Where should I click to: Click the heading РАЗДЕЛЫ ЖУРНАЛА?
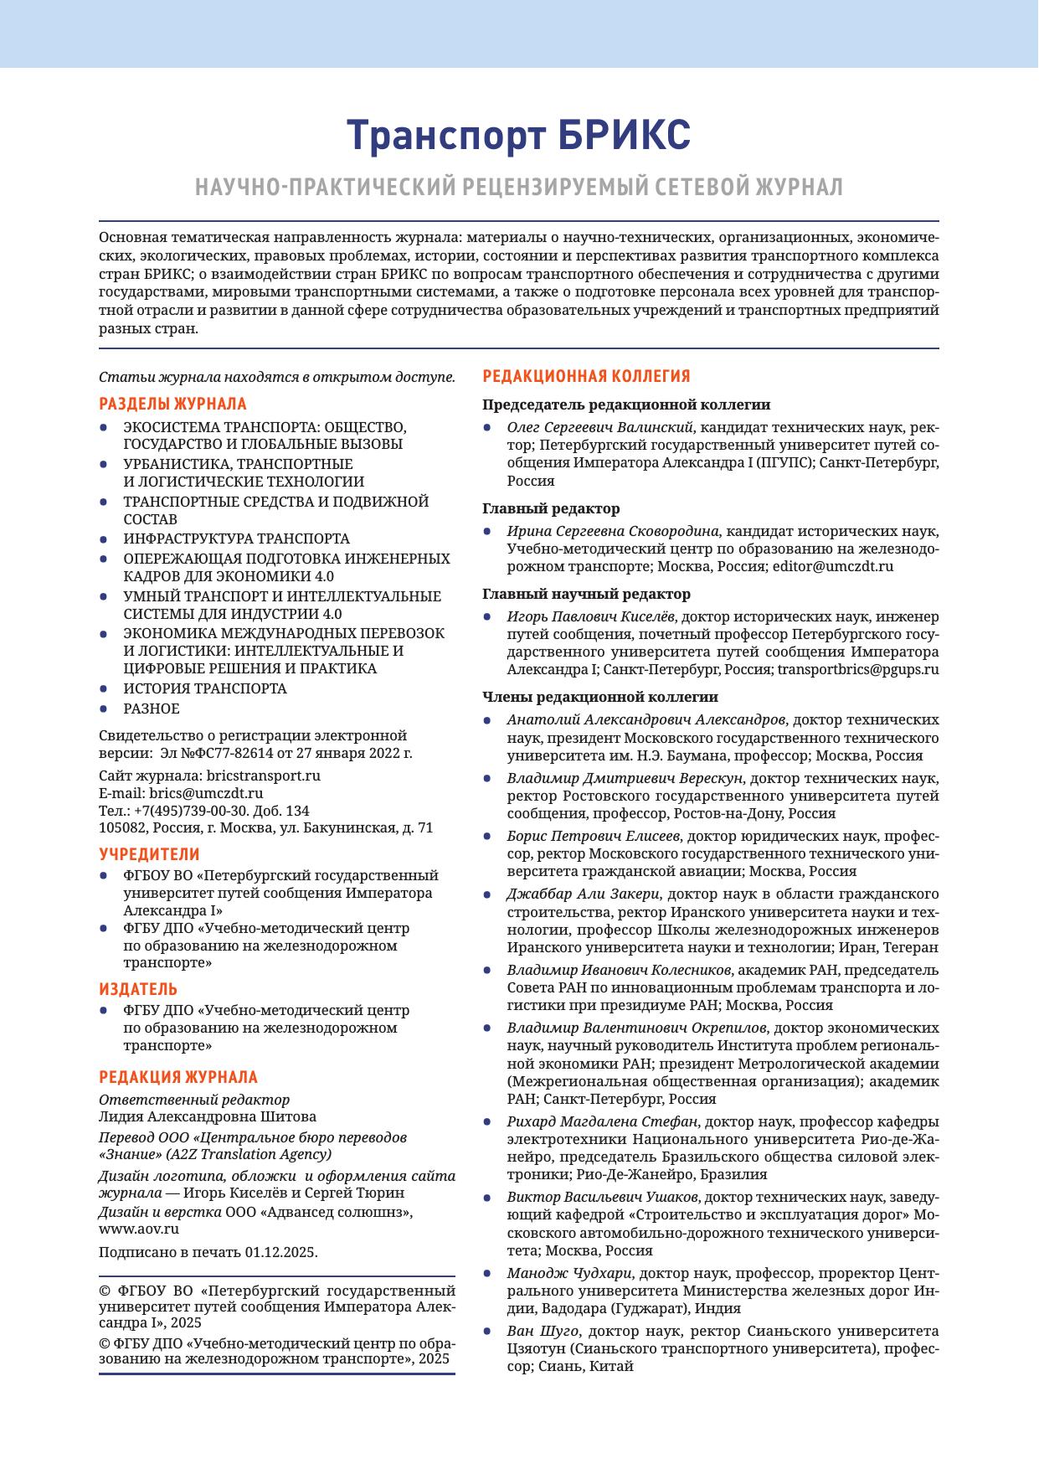click(172, 404)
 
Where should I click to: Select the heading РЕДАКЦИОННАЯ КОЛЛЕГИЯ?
click(586, 376)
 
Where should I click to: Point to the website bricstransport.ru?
click(263, 776)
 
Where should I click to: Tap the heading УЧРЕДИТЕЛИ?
click(149, 854)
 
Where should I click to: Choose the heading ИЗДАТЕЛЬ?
click(138, 989)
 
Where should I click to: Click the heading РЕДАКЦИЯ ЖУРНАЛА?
click(178, 1077)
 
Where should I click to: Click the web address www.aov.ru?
click(139, 1229)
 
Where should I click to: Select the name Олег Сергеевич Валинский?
click(603, 427)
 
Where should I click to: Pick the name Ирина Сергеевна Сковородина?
click(613, 531)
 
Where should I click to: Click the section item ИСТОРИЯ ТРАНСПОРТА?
click(204, 688)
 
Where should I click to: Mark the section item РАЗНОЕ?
click(152, 709)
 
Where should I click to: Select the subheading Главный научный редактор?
click(586, 594)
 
